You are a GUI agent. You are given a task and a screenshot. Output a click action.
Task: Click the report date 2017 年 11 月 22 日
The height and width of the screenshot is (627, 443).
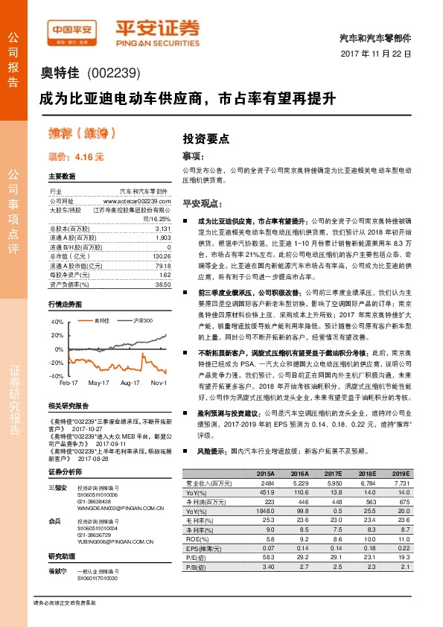coord(375,54)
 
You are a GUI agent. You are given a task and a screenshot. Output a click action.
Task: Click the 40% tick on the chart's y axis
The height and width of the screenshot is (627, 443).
coord(57,322)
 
